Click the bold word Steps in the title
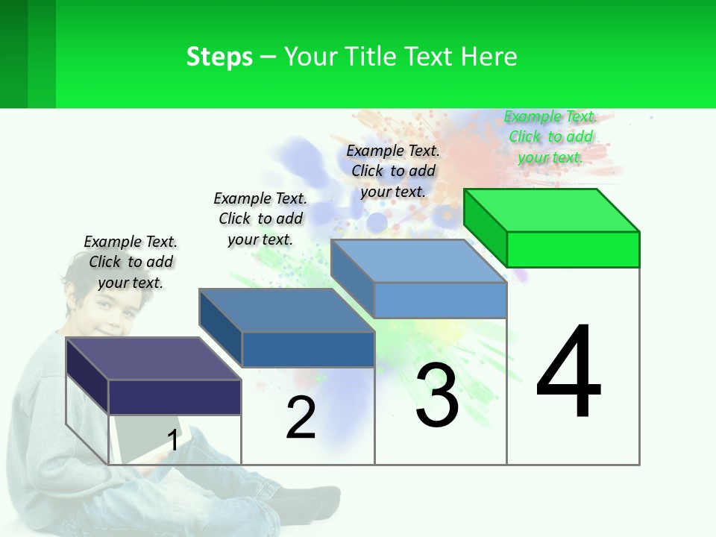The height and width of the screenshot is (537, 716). point(219,57)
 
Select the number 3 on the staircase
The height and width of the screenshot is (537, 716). point(437,396)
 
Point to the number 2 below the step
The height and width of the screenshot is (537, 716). point(301,418)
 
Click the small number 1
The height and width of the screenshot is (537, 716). point(173,440)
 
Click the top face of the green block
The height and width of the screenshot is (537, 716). point(552,210)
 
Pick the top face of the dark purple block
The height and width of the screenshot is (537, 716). point(153,358)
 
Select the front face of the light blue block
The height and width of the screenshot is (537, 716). point(440,300)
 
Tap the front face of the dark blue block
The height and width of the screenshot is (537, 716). point(308,349)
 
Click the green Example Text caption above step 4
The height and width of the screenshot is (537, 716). point(550,136)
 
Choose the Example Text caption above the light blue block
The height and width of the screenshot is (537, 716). point(393,171)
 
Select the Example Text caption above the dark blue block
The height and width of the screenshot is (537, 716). point(260,219)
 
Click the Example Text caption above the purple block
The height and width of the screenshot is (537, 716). point(131,262)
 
